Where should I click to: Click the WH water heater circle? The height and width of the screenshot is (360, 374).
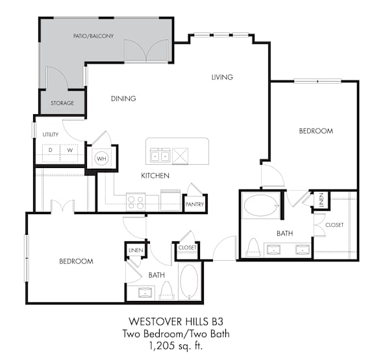click(x=101, y=158)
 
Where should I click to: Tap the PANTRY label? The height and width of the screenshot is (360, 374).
click(x=195, y=204)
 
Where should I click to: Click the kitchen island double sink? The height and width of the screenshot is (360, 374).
click(x=160, y=156)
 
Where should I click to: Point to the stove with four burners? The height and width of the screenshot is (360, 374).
click(x=136, y=202)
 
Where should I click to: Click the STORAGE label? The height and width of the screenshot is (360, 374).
click(x=62, y=103)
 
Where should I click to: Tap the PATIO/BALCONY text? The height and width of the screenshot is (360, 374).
click(x=93, y=36)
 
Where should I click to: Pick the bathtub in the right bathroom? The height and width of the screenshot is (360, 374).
click(x=261, y=205)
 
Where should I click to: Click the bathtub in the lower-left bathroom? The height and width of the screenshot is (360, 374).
click(x=189, y=281)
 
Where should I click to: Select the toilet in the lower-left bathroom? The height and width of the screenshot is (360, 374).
click(x=166, y=291)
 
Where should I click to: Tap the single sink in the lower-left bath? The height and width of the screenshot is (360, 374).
click(x=145, y=292)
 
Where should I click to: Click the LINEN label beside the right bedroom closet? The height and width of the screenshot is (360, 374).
click(x=321, y=200)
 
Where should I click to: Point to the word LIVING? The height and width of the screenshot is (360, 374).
click(x=222, y=77)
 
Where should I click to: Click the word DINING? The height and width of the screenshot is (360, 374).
click(x=123, y=99)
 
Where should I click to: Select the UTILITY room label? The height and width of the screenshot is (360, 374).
click(x=51, y=134)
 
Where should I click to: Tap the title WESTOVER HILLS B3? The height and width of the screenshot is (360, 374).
click(x=176, y=321)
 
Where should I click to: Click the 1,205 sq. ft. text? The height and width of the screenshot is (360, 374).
click(x=176, y=345)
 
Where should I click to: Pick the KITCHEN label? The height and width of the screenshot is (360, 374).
click(x=155, y=176)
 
